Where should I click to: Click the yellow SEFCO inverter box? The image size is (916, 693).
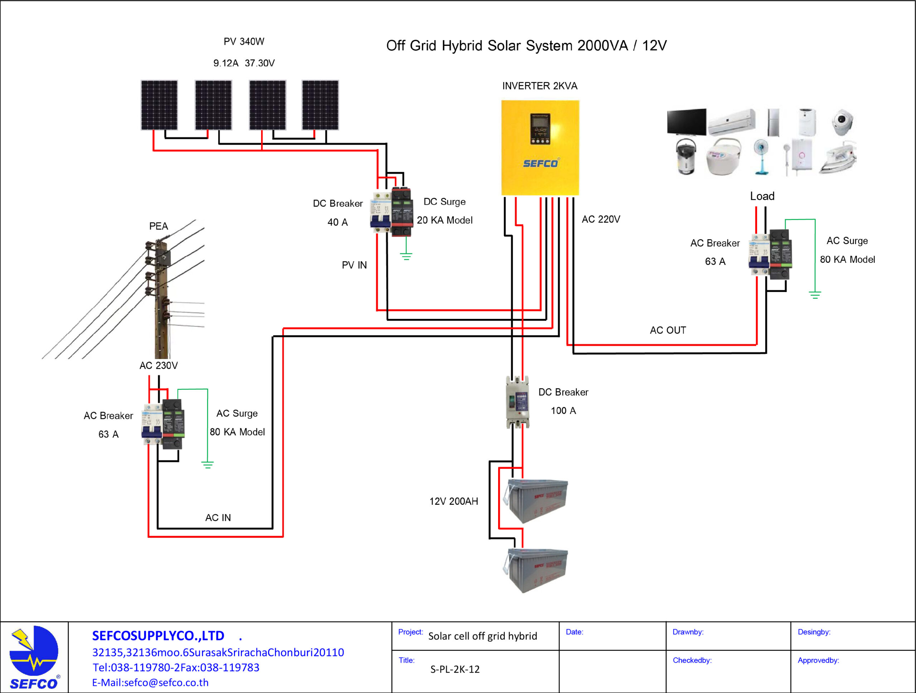pyautogui.click(x=540, y=147)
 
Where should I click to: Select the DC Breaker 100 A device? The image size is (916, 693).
pyautogui.click(x=518, y=402)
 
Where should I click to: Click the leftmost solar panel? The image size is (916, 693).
pyautogui.click(x=159, y=105)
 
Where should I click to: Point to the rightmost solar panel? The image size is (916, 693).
pyautogui.click(x=320, y=105)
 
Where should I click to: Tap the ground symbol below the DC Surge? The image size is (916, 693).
pyautogui.click(x=406, y=257)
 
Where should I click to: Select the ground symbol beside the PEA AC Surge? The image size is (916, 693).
pyautogui.click(x=208, y=465)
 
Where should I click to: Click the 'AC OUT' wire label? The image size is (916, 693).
pyautogui.click(x=668, y=330)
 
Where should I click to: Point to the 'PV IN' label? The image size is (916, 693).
pyautogui.click(x=354, y=265)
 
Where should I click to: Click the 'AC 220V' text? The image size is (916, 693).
pyautogui.click(x=601, y=219)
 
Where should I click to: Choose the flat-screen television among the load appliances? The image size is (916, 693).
pyautogui.click(x=687, y=122)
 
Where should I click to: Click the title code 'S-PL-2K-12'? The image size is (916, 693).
pyautogui.click(x=455, y=669)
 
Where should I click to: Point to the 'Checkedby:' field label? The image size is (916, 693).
pyautogui.click(x=692, y=660)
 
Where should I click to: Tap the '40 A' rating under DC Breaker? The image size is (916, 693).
pyautogui.click(x=337, y=222)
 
